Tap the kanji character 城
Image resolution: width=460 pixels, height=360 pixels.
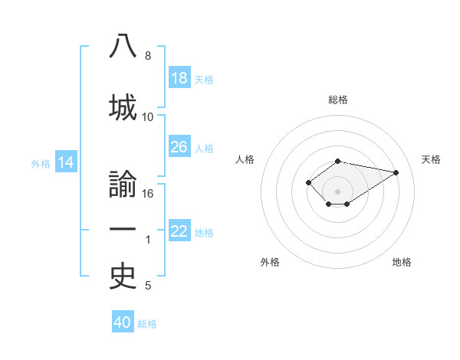(x=123, y=106)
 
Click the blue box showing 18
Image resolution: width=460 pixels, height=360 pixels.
(x=179, y=79)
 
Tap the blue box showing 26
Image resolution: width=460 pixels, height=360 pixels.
(x=179, y=147)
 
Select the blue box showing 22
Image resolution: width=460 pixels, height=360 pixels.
(x=179, y=232)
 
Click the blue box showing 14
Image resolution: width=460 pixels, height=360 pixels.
(x=66, y=162)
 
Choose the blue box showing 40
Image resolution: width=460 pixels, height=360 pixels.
(x=123, y=322)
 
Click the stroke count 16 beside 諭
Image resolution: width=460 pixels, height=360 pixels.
(x=148, y=194)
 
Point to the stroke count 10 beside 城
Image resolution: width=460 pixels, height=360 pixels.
(x=148, y=117)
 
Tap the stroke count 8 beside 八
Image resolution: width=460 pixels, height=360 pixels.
(x=148, y=56)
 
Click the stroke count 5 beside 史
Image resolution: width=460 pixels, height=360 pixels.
(x=148, y=286)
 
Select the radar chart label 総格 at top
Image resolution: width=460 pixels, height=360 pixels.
(x=337, y=100)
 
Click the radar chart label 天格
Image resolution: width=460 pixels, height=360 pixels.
(x=431, y=159)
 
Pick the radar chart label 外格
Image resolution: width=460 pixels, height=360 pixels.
(x=270, y=262)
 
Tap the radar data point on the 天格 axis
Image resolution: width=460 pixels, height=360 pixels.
(x=396, y=172)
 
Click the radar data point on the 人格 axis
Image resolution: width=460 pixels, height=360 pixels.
(x=308, y=182)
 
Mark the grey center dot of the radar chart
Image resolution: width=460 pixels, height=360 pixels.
(x=337, y=191)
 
